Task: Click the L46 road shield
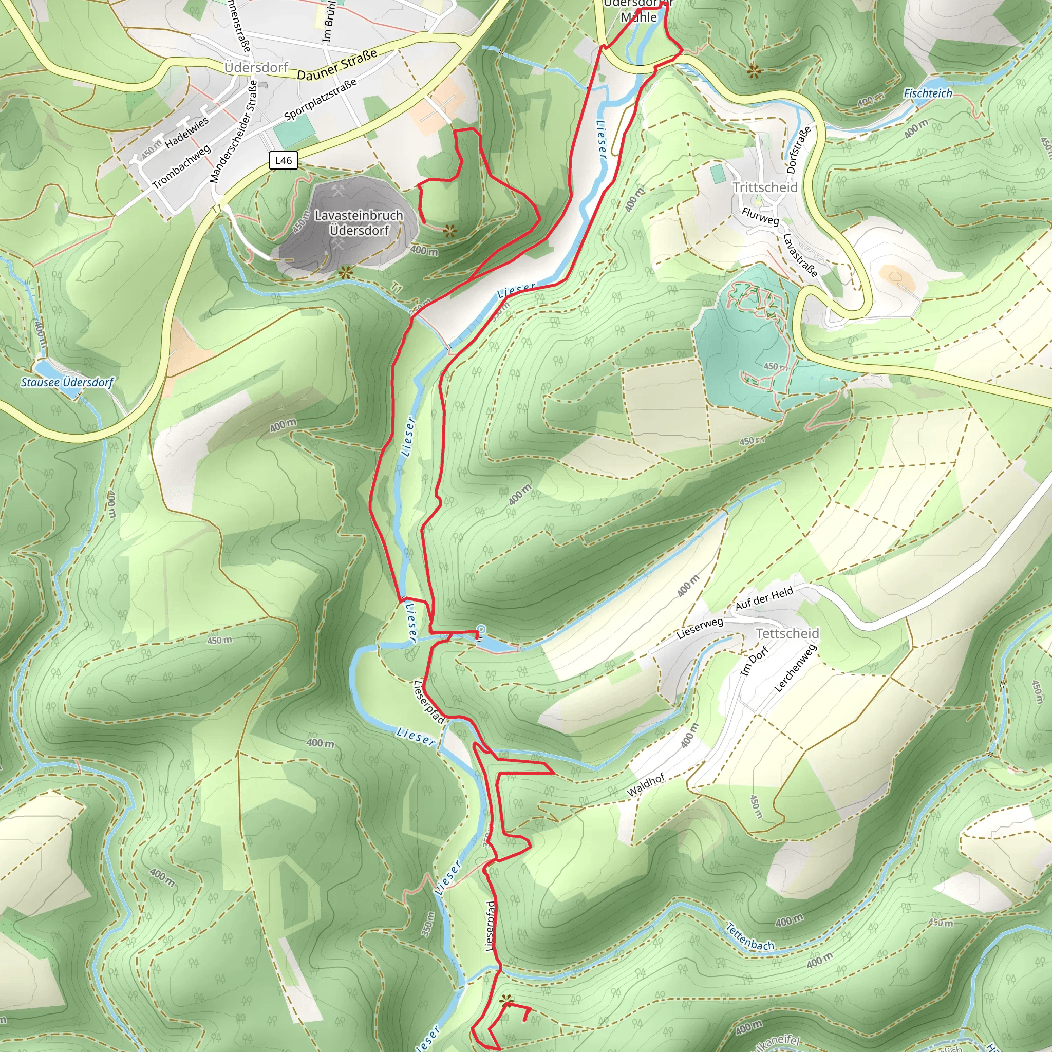[x=283, y=160]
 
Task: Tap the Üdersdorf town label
[x=256, y=67]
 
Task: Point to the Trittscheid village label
[x=764, y=187]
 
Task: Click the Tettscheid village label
[x=787, y=633]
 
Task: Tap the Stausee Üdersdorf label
[x=67, y=382]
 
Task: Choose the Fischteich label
[x=928, y=93]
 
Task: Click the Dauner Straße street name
[x=337, y=65]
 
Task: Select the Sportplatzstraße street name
[x=321, y=99]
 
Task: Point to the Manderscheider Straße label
[x=233, y=132]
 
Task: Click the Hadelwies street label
[x=187, y=133]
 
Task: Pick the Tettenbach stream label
[x=750, y=936]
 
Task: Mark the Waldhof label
[x=646, y=786]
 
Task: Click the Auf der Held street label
[x=764, y=598]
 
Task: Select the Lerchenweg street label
[x=796, y=668]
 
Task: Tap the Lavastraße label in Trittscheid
[x=799, y=255]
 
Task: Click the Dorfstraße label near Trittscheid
[x=799, y=149]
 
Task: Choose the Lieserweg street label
[x=700, y=628]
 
